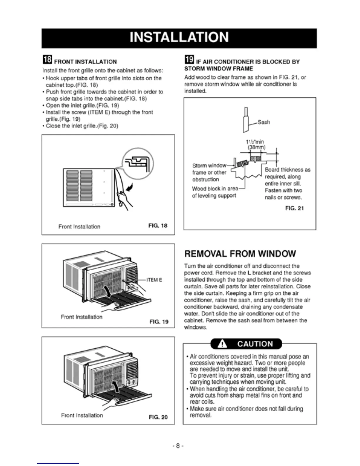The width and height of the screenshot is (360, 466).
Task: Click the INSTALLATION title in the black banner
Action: tap(179, 38)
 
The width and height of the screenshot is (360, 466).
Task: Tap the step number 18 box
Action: tap(47, 60)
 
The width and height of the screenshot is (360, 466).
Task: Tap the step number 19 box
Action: tap(189, 60)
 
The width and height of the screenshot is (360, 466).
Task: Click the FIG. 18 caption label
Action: tap(158, 226)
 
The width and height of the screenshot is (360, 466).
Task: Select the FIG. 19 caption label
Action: tap(159, 322)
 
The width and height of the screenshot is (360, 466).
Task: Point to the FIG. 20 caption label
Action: tap(158, 417)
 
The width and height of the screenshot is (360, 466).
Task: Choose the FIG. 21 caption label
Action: tap(294, 208)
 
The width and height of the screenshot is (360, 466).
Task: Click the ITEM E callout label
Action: tap(154, 280)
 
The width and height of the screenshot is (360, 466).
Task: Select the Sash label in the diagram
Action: tap(264, 122)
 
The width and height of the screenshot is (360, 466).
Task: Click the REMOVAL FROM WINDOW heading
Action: tap(240, 254)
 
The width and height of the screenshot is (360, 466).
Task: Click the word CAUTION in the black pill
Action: tap(255, 344)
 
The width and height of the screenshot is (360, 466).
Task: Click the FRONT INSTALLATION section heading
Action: tap(85, 62)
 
